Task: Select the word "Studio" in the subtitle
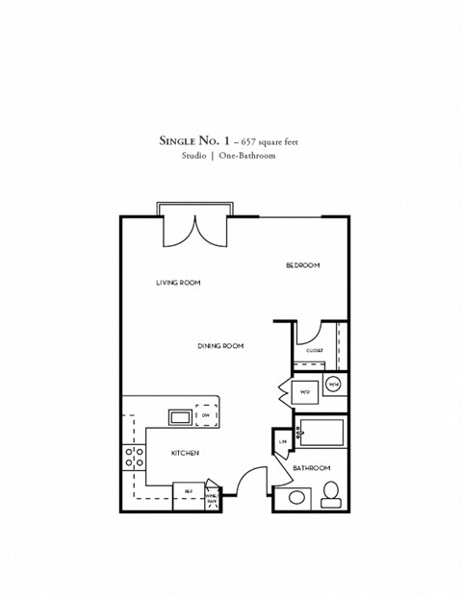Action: click(195, 157)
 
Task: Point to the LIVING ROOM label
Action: click(178, 283)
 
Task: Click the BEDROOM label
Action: click(302, 265)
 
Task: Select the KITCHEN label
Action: click(185, 453)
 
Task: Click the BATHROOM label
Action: click(312, 468)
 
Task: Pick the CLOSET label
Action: click(315, 351)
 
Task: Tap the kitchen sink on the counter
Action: click(180, 416)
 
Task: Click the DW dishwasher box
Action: click(207, 414)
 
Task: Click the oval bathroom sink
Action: click(294, 498)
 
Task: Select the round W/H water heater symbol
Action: click(333, 386)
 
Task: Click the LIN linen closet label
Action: click(283, 441)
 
